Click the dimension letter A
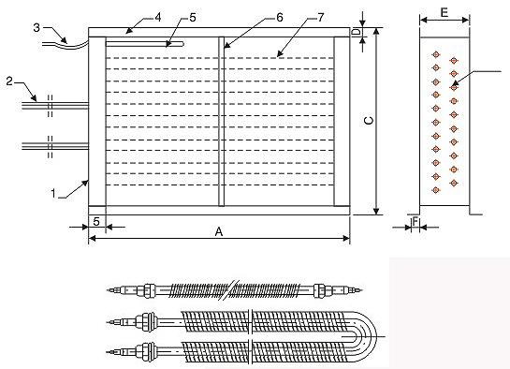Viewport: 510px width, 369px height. (220, 232)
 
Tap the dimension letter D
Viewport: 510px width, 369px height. (357, 32)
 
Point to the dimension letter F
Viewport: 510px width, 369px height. (415, 225)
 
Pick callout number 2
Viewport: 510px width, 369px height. (7, 82)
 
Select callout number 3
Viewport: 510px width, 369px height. (36, 28)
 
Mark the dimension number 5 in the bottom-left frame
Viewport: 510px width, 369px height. (95, 221)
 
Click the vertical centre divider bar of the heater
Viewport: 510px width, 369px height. (221, 122)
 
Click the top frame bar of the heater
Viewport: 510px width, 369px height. (220, 32)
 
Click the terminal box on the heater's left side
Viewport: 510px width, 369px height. (95, 122)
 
